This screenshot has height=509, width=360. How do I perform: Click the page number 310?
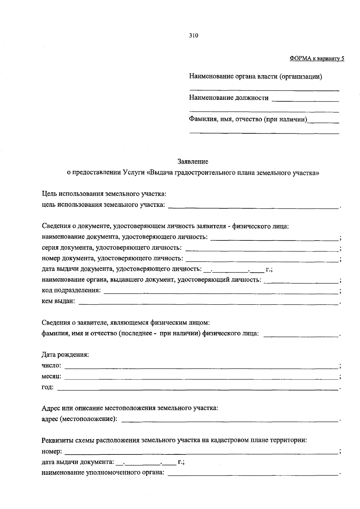(193, 36)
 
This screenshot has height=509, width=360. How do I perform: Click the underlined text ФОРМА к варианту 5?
(317, 58)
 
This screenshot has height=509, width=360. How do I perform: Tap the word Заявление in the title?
(193, 162)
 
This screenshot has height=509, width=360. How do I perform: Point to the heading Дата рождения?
(65, 355)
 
